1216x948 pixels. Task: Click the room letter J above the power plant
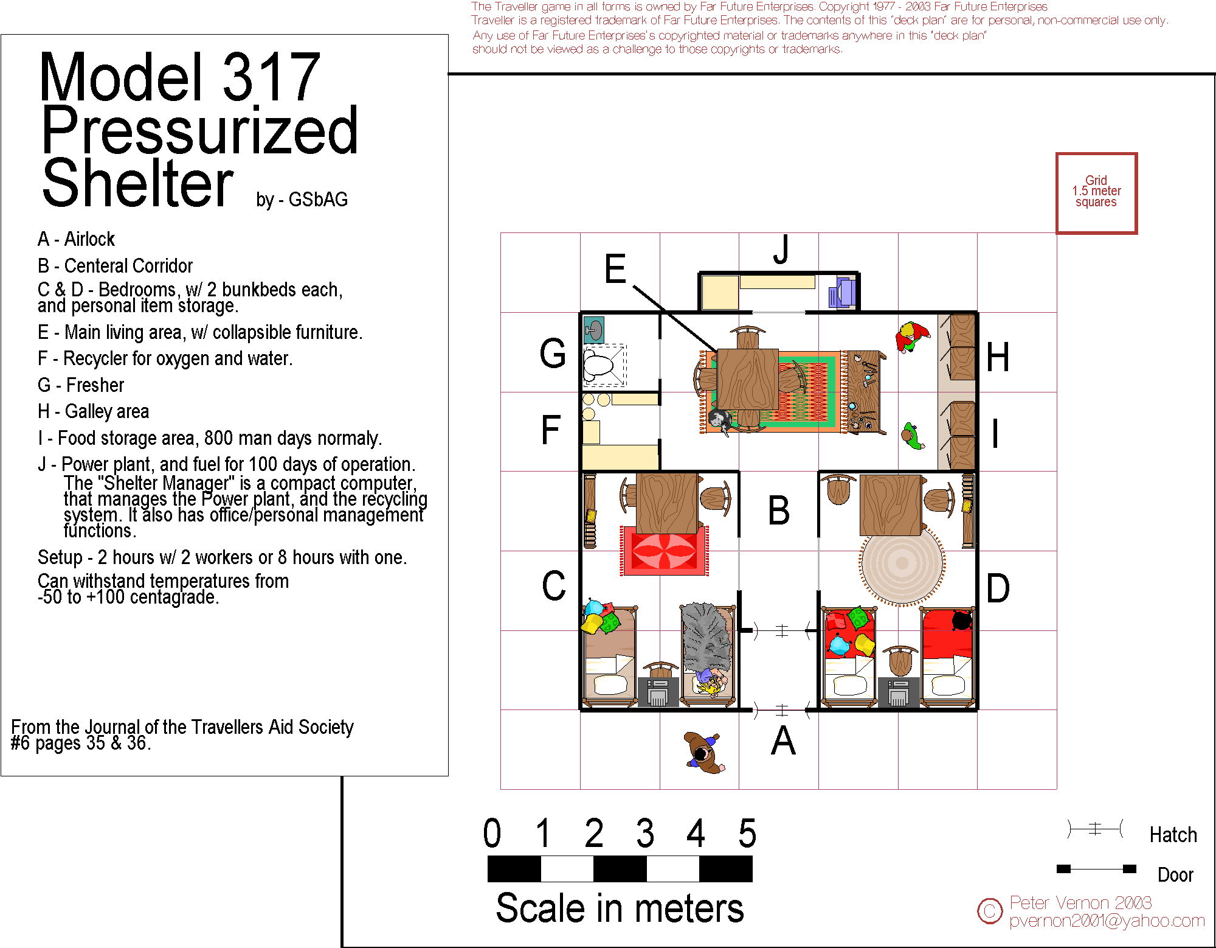pyautogui.click(x=782, y=249)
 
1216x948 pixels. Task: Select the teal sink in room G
pyautogui.click(x=593, y=330)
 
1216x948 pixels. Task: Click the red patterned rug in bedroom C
pyautogui.click(x=665, y=551)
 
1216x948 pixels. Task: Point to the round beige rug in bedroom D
pyautogui.click(x=902, y=563)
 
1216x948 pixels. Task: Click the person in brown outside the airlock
pyautogui.click(x=704, y=753)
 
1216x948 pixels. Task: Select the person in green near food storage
pyautogui.click(x=912, y=436)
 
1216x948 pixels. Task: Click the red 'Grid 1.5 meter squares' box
pyautogui.click(x=1096, y=193)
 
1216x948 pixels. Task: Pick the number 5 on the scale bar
pyautogui.click(x=747, y=833)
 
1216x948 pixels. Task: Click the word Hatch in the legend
pyautogui.click(x=1173, y=835)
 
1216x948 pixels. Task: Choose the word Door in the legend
pyautogui.click(x=1175, y=875)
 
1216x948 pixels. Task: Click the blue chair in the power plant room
pyautogui.click(x=842, y=292)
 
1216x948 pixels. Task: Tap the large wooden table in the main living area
pyautogui.click(x=747, y=379)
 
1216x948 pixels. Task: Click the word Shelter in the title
pyautogui.click(x=137, y=183)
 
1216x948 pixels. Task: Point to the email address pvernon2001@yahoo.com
pyautogui.click(x=1107, y=921)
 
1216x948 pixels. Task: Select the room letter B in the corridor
pyautogui.click(x=779, y=511)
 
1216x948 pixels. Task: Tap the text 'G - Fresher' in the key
pyautogui.click(x=81, y=385)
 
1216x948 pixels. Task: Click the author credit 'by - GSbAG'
pyautogui.click(x=302, y=200)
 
